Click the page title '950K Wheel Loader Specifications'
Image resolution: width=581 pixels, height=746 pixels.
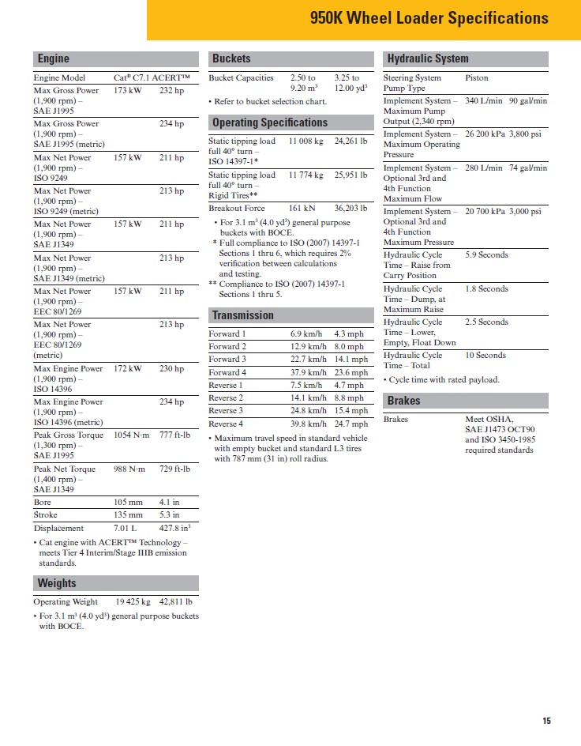point(429,18)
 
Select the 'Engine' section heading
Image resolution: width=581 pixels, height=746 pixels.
point(53,58)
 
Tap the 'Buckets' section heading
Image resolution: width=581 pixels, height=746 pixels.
point(231,58)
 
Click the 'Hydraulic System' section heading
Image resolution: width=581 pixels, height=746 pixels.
point(427,58)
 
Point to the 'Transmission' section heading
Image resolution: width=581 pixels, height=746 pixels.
point(242,315)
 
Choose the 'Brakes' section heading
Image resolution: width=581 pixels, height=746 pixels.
point(403,401)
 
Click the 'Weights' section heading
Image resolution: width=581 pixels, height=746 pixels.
point(57,583)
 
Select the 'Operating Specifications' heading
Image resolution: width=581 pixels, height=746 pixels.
point(269,122)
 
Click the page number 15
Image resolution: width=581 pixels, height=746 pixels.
point(547,720)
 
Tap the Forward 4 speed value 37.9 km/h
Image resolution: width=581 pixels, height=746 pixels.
point(308,372)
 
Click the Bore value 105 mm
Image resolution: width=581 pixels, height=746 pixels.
point(127,503)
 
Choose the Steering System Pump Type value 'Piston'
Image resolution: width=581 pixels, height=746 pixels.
point(477,78)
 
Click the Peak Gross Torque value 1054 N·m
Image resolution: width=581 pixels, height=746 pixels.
point(130,435)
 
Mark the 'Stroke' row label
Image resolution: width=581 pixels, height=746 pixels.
point(46,515)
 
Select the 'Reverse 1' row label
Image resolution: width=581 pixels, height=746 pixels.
point(226,385)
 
